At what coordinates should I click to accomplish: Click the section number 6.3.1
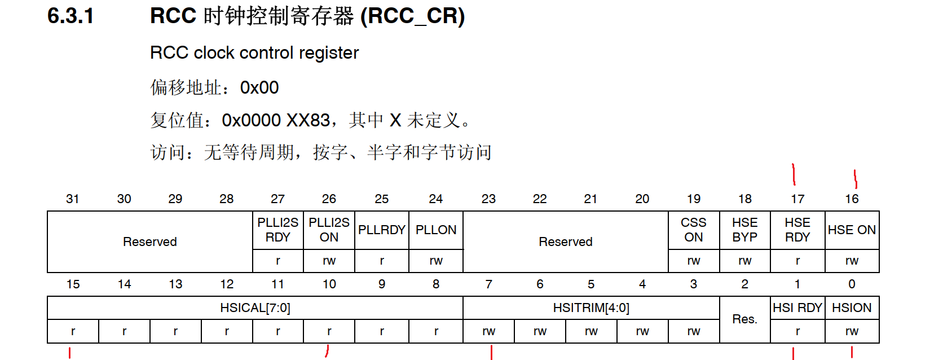[x=70, y=16]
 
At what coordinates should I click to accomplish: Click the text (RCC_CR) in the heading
[x=413, y=16]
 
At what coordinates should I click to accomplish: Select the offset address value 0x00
[x=259, y=87]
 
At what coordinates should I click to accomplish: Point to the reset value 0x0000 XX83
[x=276, y=120]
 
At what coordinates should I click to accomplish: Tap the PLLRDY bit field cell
[x=381, y=230]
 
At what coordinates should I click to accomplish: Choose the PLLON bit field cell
[x=436, y=230]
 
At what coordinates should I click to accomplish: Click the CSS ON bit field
[x=693, y=230]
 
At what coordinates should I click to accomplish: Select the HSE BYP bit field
[x=744, y=230]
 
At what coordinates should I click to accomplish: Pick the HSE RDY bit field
[x=797, y=230]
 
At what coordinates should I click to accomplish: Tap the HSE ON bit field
[x=852, y=230]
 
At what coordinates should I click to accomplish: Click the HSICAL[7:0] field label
[x=255, y=308]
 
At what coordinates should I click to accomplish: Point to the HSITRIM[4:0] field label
[x=591, y=308]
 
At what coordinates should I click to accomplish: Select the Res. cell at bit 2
[x=744, y=319]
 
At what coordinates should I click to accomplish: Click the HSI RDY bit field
[x=797, y=308]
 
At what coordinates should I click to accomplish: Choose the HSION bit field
[x=852, y=308]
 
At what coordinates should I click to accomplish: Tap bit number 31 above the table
[x=72, y=199]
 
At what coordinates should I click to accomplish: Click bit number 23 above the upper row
[x=488, y=199]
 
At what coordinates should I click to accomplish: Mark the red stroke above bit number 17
[x=794, y=174]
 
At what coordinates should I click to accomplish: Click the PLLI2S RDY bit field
[x=278, y=230]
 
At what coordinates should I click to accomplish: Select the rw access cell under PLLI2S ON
[x=329, y=261]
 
